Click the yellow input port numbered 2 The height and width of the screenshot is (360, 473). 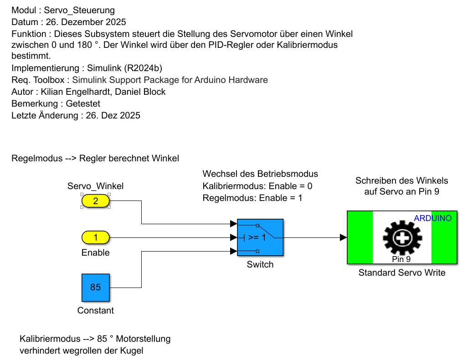click(95, 201)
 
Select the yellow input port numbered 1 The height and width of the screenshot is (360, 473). click(95, 237)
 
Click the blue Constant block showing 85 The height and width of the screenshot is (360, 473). click(95, 288)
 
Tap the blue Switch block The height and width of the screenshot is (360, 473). click(260, 237)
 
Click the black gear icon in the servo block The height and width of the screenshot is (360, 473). click(402, 237)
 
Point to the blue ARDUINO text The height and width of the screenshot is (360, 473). click(432, 218)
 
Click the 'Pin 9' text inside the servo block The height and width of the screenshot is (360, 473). click(401, 259)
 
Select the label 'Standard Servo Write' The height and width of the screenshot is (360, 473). click(401, 273)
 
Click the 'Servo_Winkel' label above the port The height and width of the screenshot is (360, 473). click(95, 186)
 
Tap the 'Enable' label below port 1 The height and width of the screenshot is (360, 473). click(95, 253)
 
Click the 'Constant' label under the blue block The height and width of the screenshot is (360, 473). click(95, 311)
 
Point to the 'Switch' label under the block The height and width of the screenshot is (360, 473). click(260, 265)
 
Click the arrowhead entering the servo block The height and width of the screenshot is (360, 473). click(343, 237)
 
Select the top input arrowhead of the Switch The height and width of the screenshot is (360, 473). click(233, 224)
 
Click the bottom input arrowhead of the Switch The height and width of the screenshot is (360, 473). click(233, 251)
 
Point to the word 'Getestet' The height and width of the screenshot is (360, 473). click(83, 104)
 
